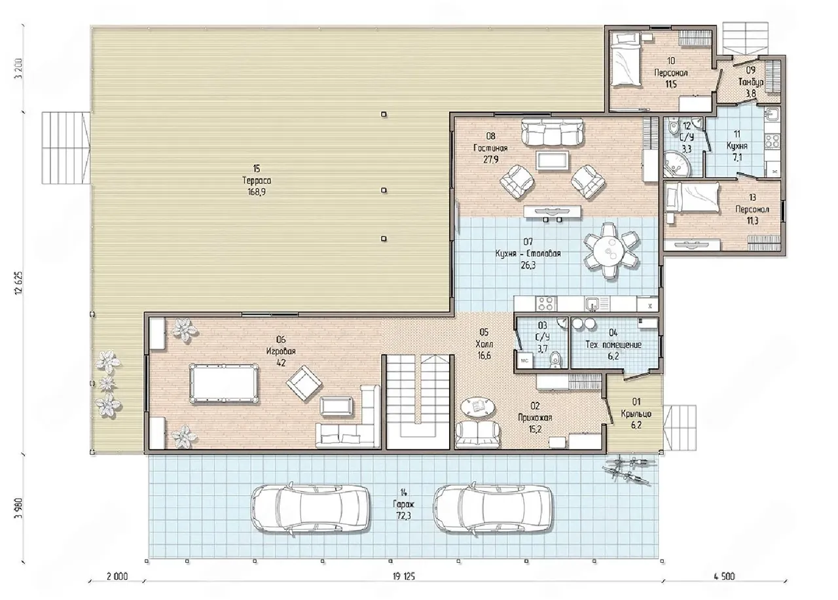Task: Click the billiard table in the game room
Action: coord(224,383)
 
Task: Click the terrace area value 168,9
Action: coord(257,192)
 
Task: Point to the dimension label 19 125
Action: coord(404,576)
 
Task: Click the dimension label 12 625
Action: coord(20,283)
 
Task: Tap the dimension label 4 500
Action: coord(724,576)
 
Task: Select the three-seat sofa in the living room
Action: coord(553,132)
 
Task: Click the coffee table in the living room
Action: coord(553,161)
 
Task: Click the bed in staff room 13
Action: coord(693,197)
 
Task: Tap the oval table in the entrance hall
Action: coord(477,406)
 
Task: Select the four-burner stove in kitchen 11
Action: coord(772,141)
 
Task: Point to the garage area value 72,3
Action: coord(403,516)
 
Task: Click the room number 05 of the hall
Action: coord(484,332)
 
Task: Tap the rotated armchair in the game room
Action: coord(304,383)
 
